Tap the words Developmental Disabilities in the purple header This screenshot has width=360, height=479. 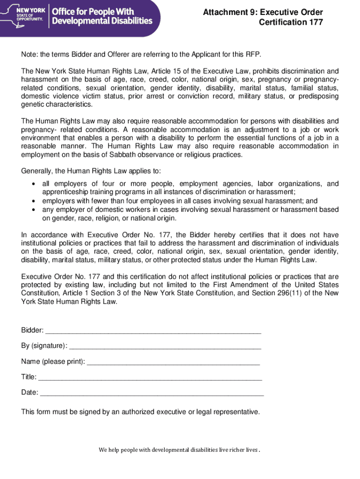(102, 21)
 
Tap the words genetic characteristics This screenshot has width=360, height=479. (50, 104)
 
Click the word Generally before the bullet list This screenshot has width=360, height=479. (36, 171)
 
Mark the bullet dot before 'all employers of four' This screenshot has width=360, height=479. (33, 184)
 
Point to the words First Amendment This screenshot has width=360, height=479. (250, 285)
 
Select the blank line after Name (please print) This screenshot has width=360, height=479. (173, 362)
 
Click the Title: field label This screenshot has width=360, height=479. (29, 377)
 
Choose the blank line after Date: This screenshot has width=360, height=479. (152, 393)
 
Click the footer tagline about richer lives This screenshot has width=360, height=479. (179, 450)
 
